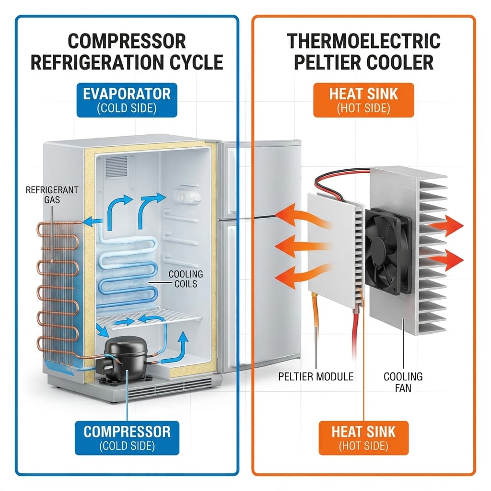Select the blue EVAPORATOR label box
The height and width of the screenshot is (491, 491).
click(x=127, y=100)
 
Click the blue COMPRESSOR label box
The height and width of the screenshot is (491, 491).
click(x=127, y=437)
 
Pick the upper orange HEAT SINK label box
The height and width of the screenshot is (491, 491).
click(x=364, y=100)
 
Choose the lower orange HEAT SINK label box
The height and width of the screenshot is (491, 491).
click(x=364, y=437)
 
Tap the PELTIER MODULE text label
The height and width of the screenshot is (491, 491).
click(x=316, y=376)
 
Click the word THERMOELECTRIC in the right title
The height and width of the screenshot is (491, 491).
click(x=364, y=41)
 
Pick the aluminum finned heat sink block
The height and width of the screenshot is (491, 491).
click(x=422, y=249)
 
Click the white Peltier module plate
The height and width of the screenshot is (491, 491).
click(x=331, y=249)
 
